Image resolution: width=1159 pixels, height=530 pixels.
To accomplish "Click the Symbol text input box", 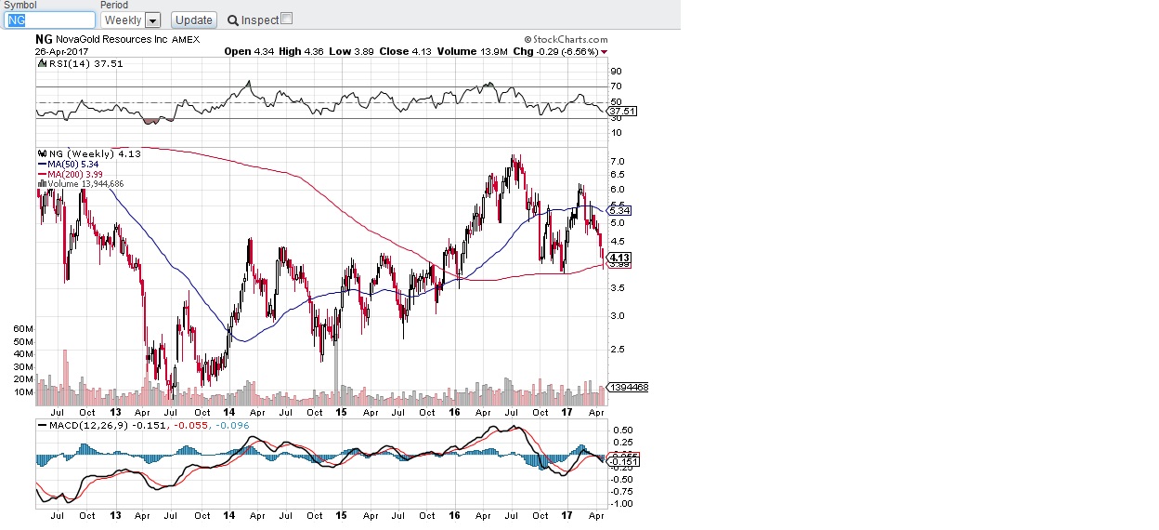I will point(50,20).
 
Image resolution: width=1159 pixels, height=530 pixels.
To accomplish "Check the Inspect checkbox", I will point(286,19).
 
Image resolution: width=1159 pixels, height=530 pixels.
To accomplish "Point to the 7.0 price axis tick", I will point(616,161).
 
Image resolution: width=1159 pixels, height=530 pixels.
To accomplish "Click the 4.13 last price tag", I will point(619,258).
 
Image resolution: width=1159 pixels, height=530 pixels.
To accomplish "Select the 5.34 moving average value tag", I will point(619,211).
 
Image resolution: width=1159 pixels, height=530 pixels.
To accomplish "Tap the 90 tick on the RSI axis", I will point(615,71).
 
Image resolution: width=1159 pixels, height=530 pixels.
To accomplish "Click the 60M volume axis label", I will point(23,329).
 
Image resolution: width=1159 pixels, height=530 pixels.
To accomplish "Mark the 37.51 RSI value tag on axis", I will point(619,112).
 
